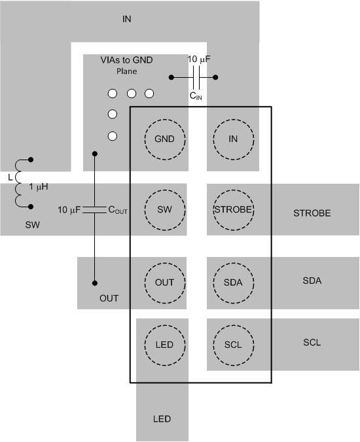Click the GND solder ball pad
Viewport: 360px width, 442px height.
click(x=164, y=139)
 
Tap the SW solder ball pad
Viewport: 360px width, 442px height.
click(x=164, y=210)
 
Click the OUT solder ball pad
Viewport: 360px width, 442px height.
click(x=164, y=282)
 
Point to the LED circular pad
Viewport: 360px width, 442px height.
click(x=164, y=345)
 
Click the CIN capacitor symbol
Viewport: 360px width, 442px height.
click(x=195, y=78)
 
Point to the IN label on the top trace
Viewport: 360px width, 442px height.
click(x=127, y=18)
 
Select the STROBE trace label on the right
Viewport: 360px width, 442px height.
click(x=312, y=213)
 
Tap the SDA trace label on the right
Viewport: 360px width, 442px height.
click(x=312, y=281)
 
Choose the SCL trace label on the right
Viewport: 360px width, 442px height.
click(x=312, y=343)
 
